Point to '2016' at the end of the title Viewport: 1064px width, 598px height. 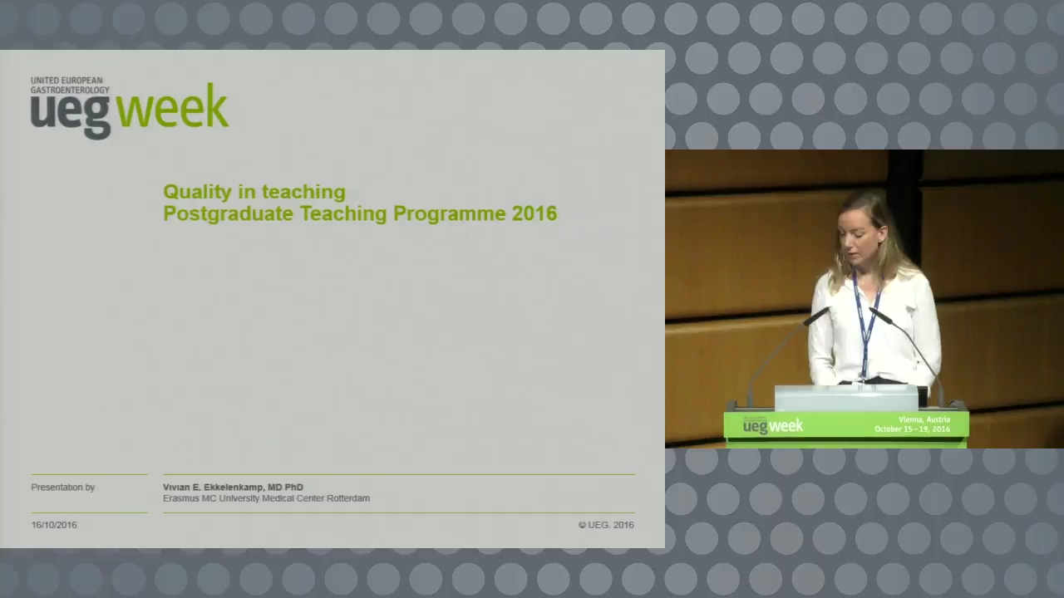(x=534, y=213)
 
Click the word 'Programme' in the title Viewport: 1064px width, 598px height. (x=450, y=214)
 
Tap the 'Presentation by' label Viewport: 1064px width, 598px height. (x=62, y=488)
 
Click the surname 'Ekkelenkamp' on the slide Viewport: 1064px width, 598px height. (x=234, y=487)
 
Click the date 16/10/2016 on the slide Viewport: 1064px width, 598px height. (x=54, y=525)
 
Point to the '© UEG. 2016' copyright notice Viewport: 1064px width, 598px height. (x=606, y=525)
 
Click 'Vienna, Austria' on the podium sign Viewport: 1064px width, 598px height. (x=924, y=419)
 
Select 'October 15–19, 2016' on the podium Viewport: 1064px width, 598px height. (x=913, y=429)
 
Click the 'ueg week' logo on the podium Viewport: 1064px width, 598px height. (x=773, y=426)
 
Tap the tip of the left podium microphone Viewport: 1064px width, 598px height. (x=827, y=311)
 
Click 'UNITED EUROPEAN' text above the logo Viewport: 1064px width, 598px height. (x=66, y=81)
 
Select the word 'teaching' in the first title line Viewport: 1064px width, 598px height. (x=303, y=192)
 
